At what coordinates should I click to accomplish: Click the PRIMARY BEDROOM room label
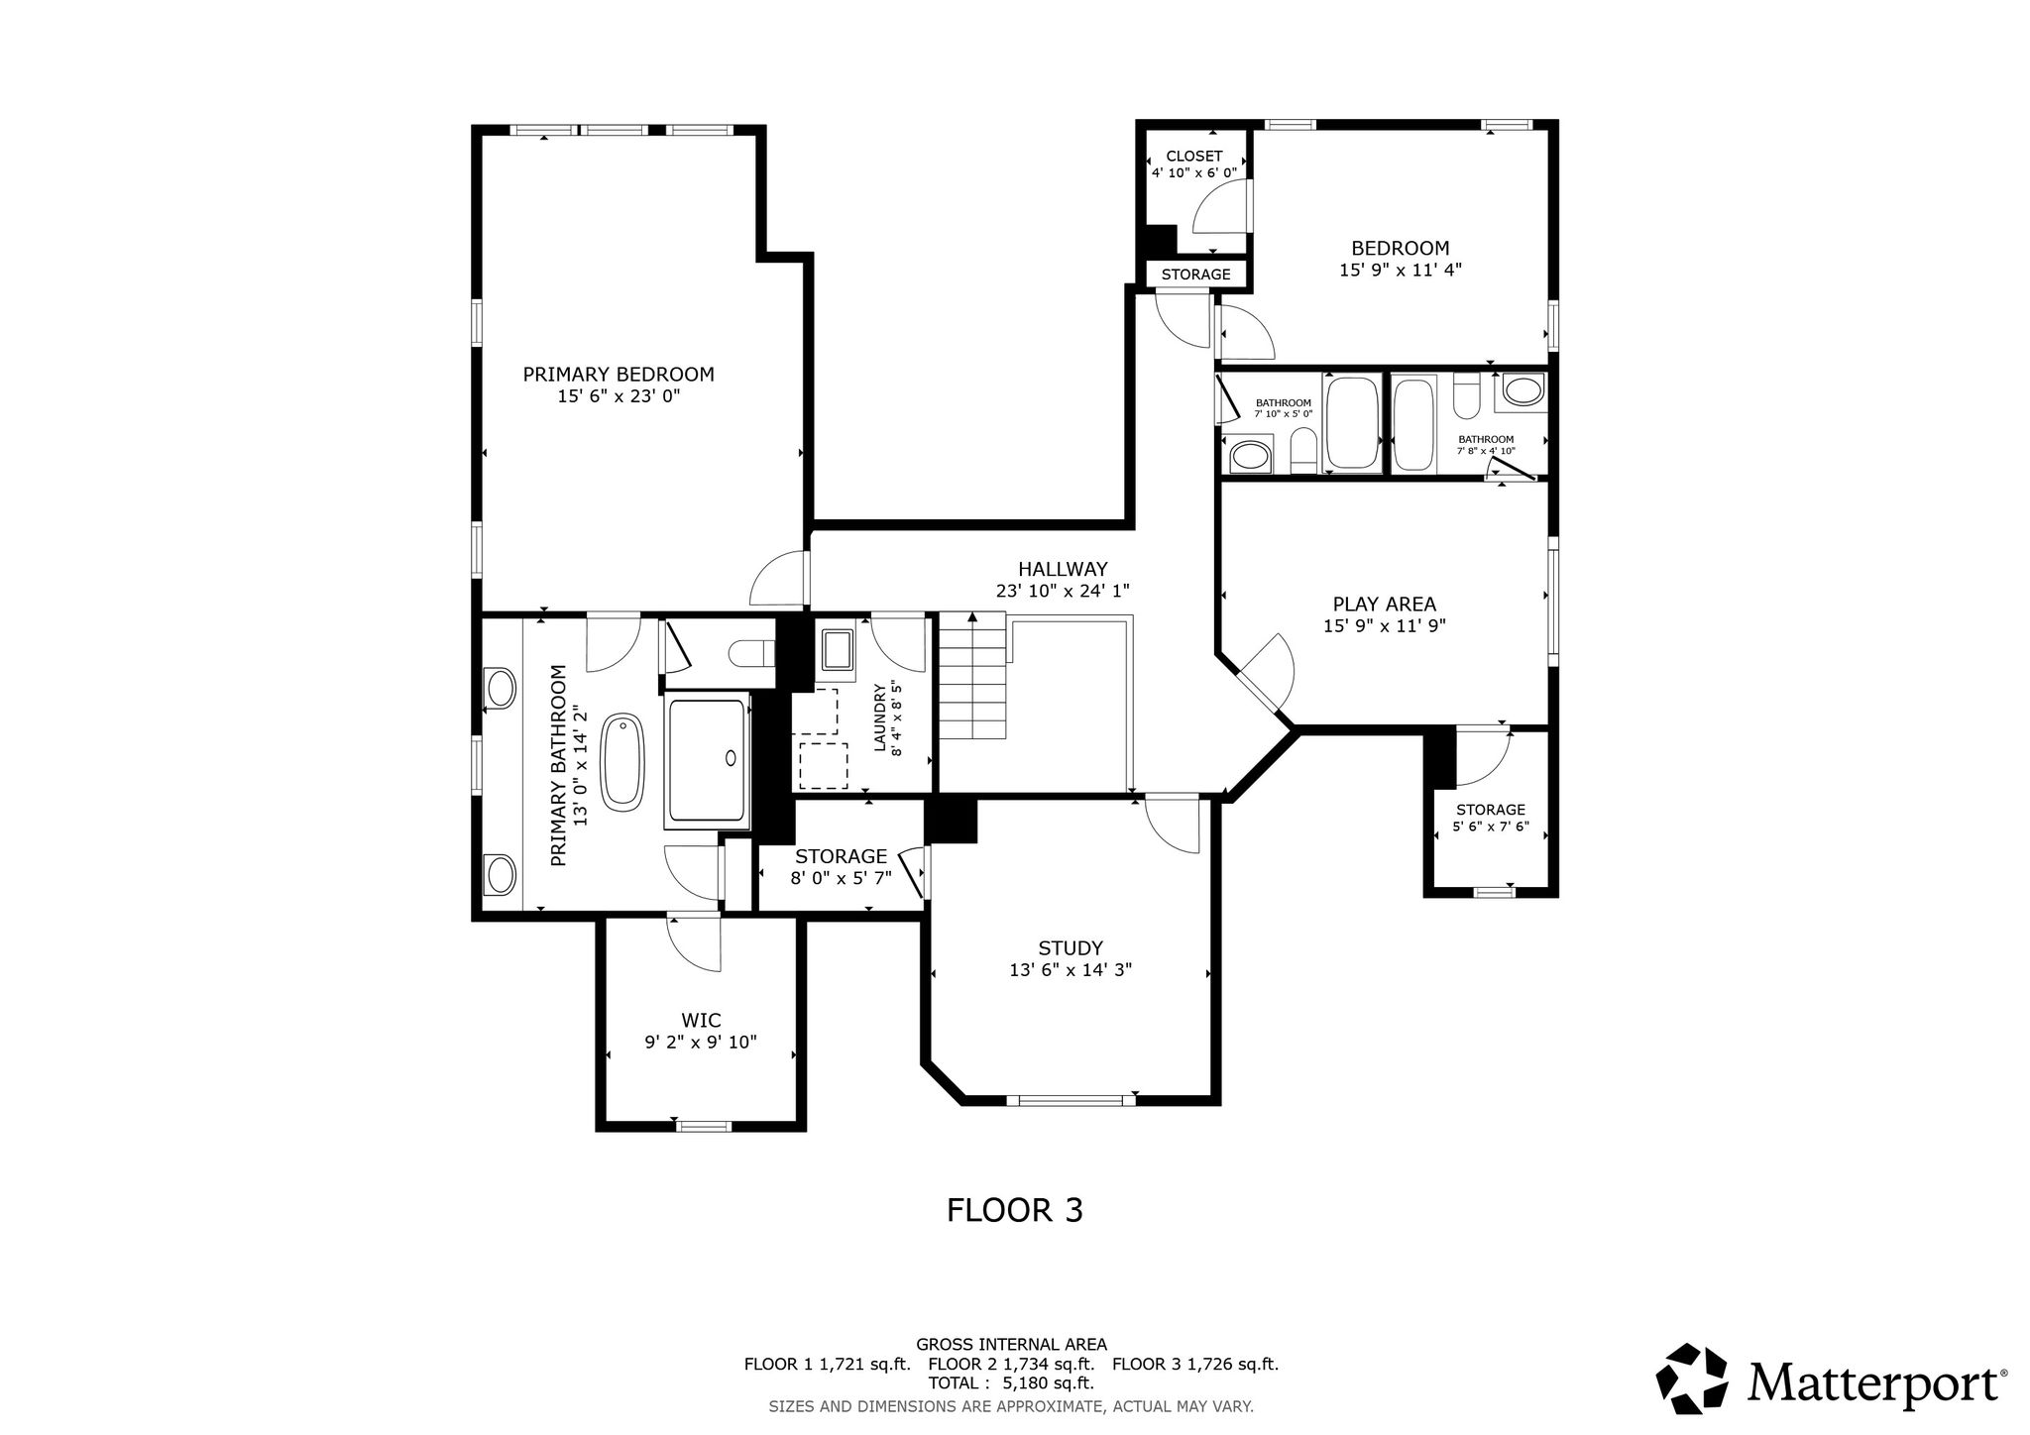[x=619, y=375]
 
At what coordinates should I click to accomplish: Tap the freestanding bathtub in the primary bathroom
[x=624, y=759]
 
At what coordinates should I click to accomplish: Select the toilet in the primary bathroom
[x=751, y=653]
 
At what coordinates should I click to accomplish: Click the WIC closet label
[x=701, y=1020]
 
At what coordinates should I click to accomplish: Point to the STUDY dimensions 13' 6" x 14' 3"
[x=1071, y=971]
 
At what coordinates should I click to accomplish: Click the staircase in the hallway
[x=972, y=676]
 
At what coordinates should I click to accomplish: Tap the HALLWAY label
[x=1063, y=569]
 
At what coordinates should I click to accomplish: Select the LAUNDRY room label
[x=879, y=704]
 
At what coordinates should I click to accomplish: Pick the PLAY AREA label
[x=1384, y=604]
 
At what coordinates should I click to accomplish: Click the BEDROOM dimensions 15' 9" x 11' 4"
[x=1401, y=270]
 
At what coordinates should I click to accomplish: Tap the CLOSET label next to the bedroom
[x=1194, y=157]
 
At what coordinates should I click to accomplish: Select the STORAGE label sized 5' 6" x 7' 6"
[x=1491, y=810]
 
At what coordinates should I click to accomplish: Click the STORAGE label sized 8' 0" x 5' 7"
[x=841, y=856]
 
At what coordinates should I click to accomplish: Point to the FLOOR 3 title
[x=1015, y=1210]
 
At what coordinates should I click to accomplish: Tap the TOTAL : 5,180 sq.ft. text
[x=1011, y=1383]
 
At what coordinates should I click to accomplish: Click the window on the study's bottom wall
[x=1071, y=1099]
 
